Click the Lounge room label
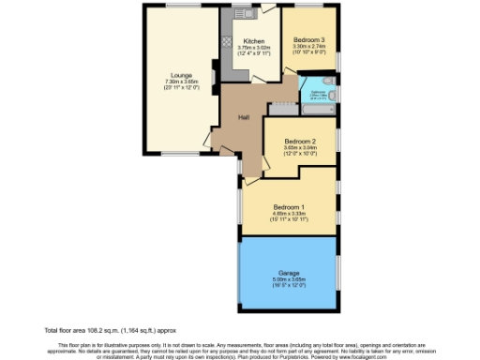tap(181, 74)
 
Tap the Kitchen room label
tap(255, 42)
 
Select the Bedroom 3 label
tap(309, 39)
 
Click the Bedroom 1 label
tap(289, 206)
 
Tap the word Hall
tap(243, 116)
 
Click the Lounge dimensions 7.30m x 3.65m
tap(181, 82)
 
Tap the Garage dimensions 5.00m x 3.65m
tap(288, 278)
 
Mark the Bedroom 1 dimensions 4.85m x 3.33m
tap(289, 214)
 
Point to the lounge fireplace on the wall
tap(217, 71)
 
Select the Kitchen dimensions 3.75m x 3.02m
tap(255, 49)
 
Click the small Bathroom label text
tap(318, 93)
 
